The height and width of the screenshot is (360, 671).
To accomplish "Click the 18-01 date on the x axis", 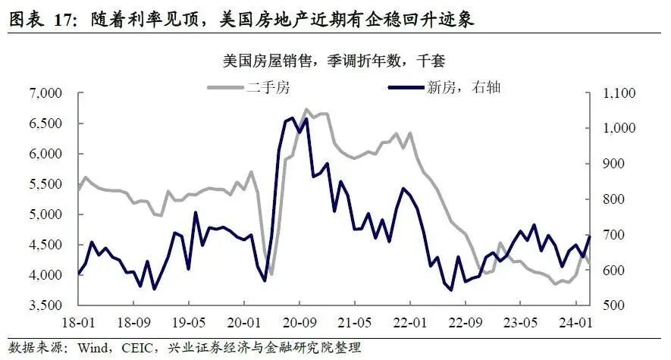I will tap(79, 322).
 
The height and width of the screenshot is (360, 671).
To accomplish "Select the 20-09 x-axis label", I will tap(300, 322).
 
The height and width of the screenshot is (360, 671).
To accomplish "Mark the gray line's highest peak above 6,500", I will tap(306, 109).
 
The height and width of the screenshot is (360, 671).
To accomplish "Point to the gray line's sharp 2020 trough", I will tap(271, 274).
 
